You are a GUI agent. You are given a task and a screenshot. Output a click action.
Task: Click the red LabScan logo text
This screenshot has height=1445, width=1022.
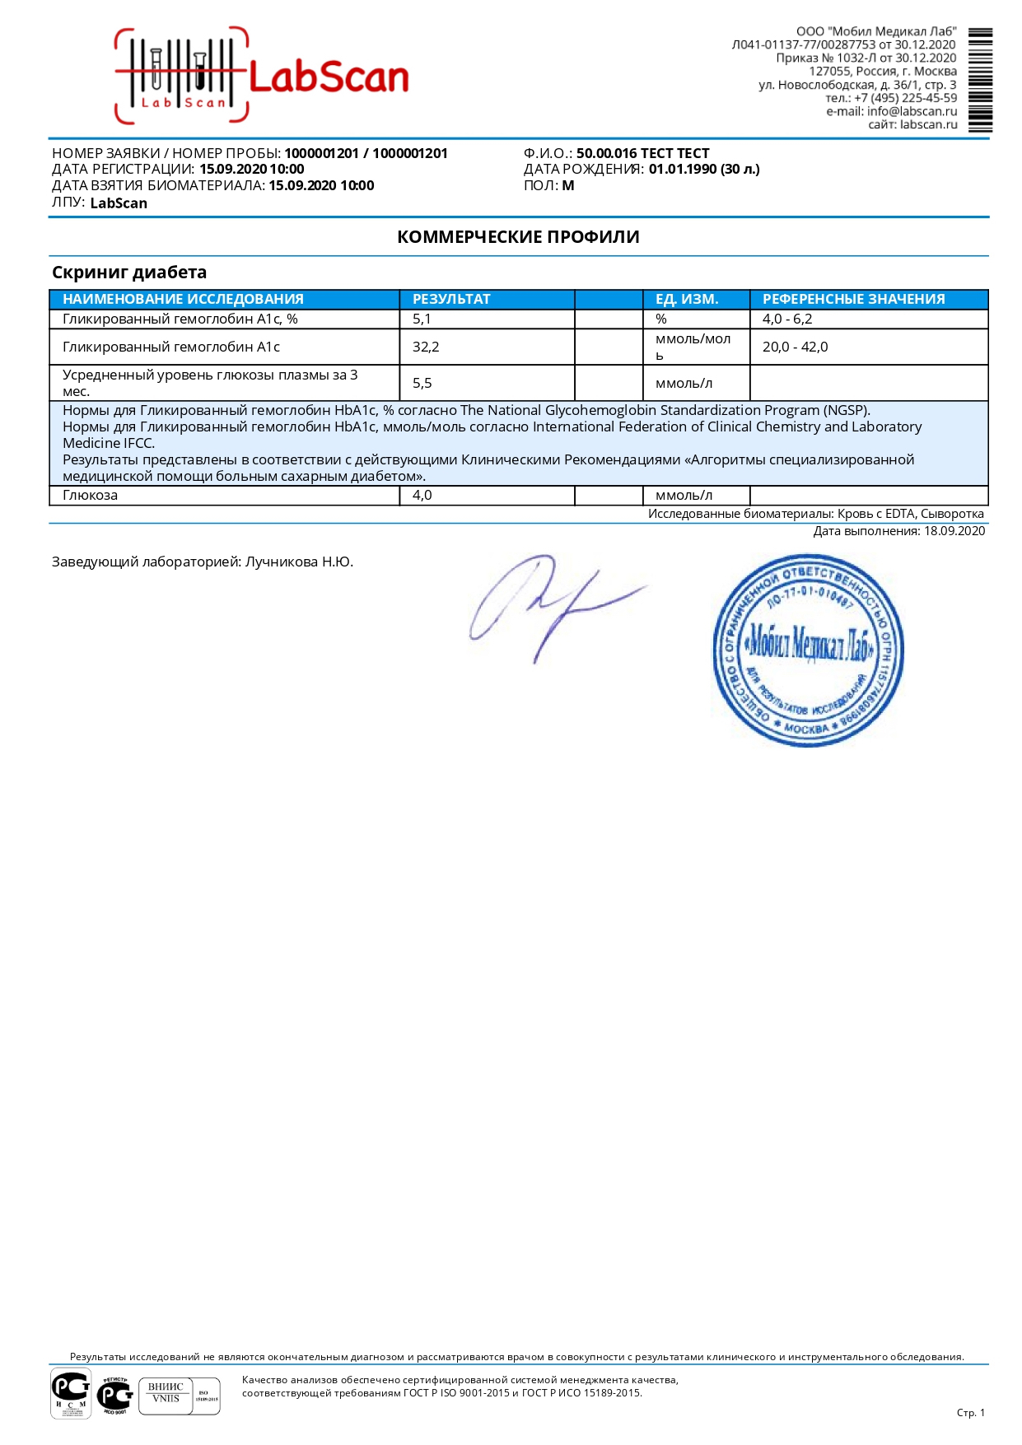pos(328,77)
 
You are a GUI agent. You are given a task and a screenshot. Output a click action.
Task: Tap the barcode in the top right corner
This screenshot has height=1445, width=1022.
pos(980,80)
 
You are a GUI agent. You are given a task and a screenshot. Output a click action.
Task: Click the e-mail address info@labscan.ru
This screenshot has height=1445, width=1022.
pos(912,111)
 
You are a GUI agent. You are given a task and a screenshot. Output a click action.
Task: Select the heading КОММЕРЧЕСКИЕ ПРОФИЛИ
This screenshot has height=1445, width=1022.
pos(518,237)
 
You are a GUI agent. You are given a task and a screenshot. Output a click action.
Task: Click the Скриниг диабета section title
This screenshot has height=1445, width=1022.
pos(129,273)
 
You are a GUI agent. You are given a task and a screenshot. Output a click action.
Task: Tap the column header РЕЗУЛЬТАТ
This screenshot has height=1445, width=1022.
pos(451,299)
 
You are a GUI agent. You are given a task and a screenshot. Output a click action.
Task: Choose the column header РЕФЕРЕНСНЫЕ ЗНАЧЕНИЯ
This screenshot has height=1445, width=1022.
pos(853,299)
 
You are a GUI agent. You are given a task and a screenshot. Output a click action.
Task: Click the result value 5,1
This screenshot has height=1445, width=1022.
pos(422,319)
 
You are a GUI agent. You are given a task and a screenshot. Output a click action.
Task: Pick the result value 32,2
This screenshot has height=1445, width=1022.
pos(426,347)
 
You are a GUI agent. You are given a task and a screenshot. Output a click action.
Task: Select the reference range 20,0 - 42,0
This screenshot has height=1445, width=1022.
pos(795,347)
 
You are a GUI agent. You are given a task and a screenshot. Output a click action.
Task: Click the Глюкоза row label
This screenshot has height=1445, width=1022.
pos(90,495)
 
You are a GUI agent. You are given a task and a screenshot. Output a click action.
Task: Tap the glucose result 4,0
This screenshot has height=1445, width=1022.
pos(422,495)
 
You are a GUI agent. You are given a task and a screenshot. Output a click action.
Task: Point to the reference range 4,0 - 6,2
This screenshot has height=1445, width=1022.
pos(786,319)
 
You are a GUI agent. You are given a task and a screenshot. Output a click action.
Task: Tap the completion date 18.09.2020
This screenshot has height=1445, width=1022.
pos(954,531)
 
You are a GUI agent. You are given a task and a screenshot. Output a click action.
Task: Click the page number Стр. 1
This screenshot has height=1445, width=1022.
pos(970,1412)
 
